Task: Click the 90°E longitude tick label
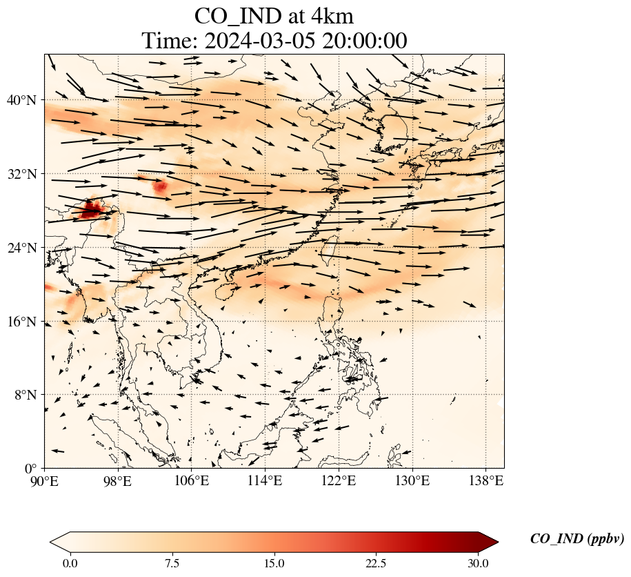45,480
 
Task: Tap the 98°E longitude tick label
118,480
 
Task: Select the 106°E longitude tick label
192,480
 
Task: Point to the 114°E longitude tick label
266,480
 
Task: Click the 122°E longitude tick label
339,480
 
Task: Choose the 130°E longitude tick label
412,480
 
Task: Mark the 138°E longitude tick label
485,480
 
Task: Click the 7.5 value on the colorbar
172,563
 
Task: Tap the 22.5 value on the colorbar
376,563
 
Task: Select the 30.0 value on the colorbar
478,563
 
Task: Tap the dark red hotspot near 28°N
91,208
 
